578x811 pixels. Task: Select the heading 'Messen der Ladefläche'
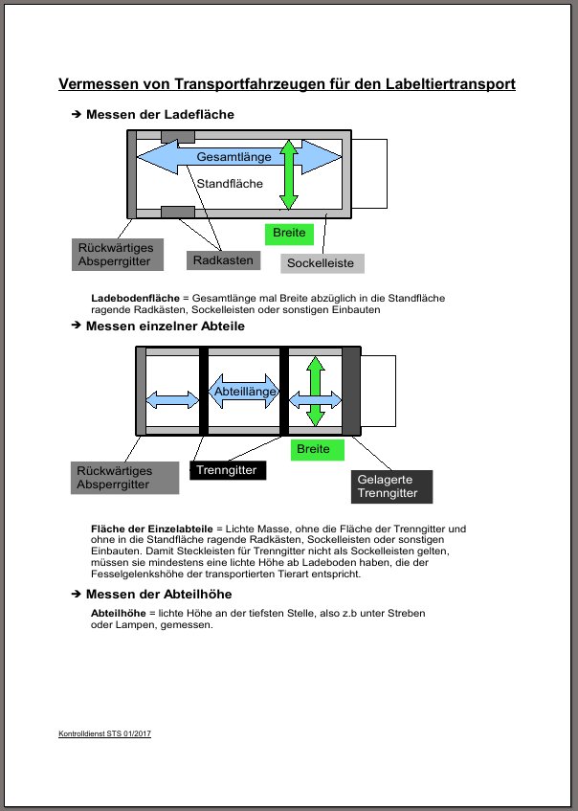coord(160,115)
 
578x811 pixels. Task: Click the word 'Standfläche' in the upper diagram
coord(230,183)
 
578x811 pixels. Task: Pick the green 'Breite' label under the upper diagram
coord(289,233)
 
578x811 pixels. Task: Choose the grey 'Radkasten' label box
coord(223,260)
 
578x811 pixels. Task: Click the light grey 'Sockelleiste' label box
coord(322,262)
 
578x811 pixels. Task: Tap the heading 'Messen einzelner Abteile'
coord(165,327)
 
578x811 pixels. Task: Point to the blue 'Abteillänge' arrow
coord(244,392)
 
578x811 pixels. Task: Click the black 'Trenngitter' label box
coord(229,470)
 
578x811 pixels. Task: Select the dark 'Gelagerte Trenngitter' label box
coord(391,486)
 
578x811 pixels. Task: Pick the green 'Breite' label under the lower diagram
coord(314,448)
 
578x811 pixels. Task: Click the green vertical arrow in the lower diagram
coord(316,392)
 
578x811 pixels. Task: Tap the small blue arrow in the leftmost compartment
coord(167,399)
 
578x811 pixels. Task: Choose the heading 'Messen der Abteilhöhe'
coord(159,595)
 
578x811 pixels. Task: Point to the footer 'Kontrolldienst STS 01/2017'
coord(105,733)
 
